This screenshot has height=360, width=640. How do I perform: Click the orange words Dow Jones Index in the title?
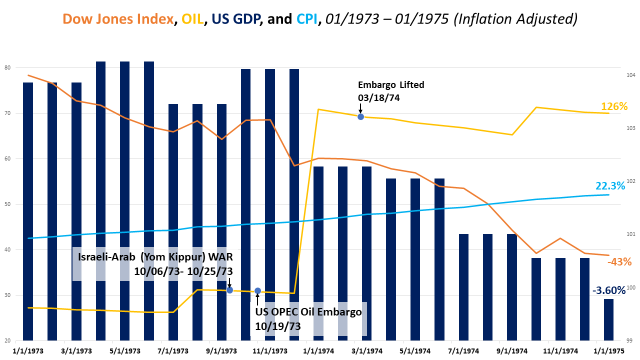118,19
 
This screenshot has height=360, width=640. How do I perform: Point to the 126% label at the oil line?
614,106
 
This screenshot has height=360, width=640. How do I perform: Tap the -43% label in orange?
619,261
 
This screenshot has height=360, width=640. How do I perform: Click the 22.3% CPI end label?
610,186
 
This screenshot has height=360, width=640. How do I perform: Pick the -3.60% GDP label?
608,290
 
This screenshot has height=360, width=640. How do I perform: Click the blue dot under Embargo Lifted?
360,116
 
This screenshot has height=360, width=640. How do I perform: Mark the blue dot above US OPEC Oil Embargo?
257,291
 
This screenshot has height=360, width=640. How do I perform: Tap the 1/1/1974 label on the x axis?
318,351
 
